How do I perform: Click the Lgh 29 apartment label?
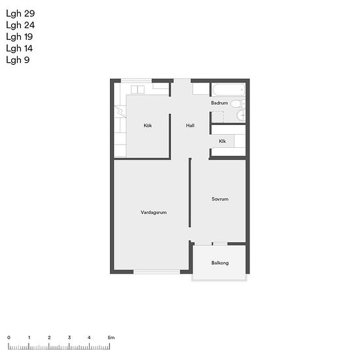click(x=20, y=14)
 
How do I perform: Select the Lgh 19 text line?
click(x=20, y=37)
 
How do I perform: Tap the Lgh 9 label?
click(x=18, y=60)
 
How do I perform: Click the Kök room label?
click(x=148, y=126)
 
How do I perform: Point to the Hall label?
click(x=190, y=126)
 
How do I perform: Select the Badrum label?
click(x=219, y=103)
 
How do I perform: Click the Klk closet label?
click(x=223, y=141)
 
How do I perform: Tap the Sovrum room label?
click(x=220, y=199)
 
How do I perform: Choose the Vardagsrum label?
click(x=154, y=212)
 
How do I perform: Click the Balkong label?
click(x=220, y=262)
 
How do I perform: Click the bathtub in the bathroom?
click(x=228, y=90)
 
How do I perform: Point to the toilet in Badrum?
click(x=238, y=103)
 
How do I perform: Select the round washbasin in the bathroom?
click(x=241, y=115)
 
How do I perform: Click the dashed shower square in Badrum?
click(x=217, y=117)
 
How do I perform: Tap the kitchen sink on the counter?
click(x=137, y=90)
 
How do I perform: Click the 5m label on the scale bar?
click(x=111, y=338)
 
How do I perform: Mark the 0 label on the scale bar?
click(x=9, y=338)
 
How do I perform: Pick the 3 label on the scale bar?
click(x=69, y=338)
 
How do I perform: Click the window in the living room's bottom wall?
click(x=157, y=272)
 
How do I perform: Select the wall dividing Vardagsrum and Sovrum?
click(x=190, y=192)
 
